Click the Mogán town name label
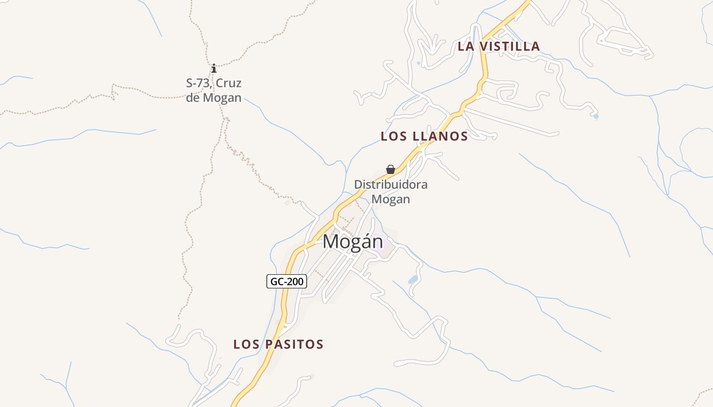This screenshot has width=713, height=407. click(352, 242)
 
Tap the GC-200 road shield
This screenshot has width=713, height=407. click(287, 281)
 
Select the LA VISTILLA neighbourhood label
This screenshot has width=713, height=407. click(499, 46)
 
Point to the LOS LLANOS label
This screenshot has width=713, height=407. click(424, 136)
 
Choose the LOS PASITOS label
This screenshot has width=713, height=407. click(278, 344)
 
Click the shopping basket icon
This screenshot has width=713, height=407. click(391, 169)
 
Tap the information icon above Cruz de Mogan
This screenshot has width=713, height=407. click(214, 68)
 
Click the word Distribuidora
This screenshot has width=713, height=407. click(391, 185)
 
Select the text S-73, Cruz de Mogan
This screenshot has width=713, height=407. click(214, 90)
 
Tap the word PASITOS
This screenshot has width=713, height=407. click(293, 344)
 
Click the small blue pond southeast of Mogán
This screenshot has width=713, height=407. click(413, 279)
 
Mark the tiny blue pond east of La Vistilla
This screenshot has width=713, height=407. click(596, 117)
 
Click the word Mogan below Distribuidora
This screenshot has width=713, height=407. click(391, 199)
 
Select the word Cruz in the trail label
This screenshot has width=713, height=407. click(229, 83)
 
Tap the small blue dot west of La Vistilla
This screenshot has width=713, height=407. click(418, 63)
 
